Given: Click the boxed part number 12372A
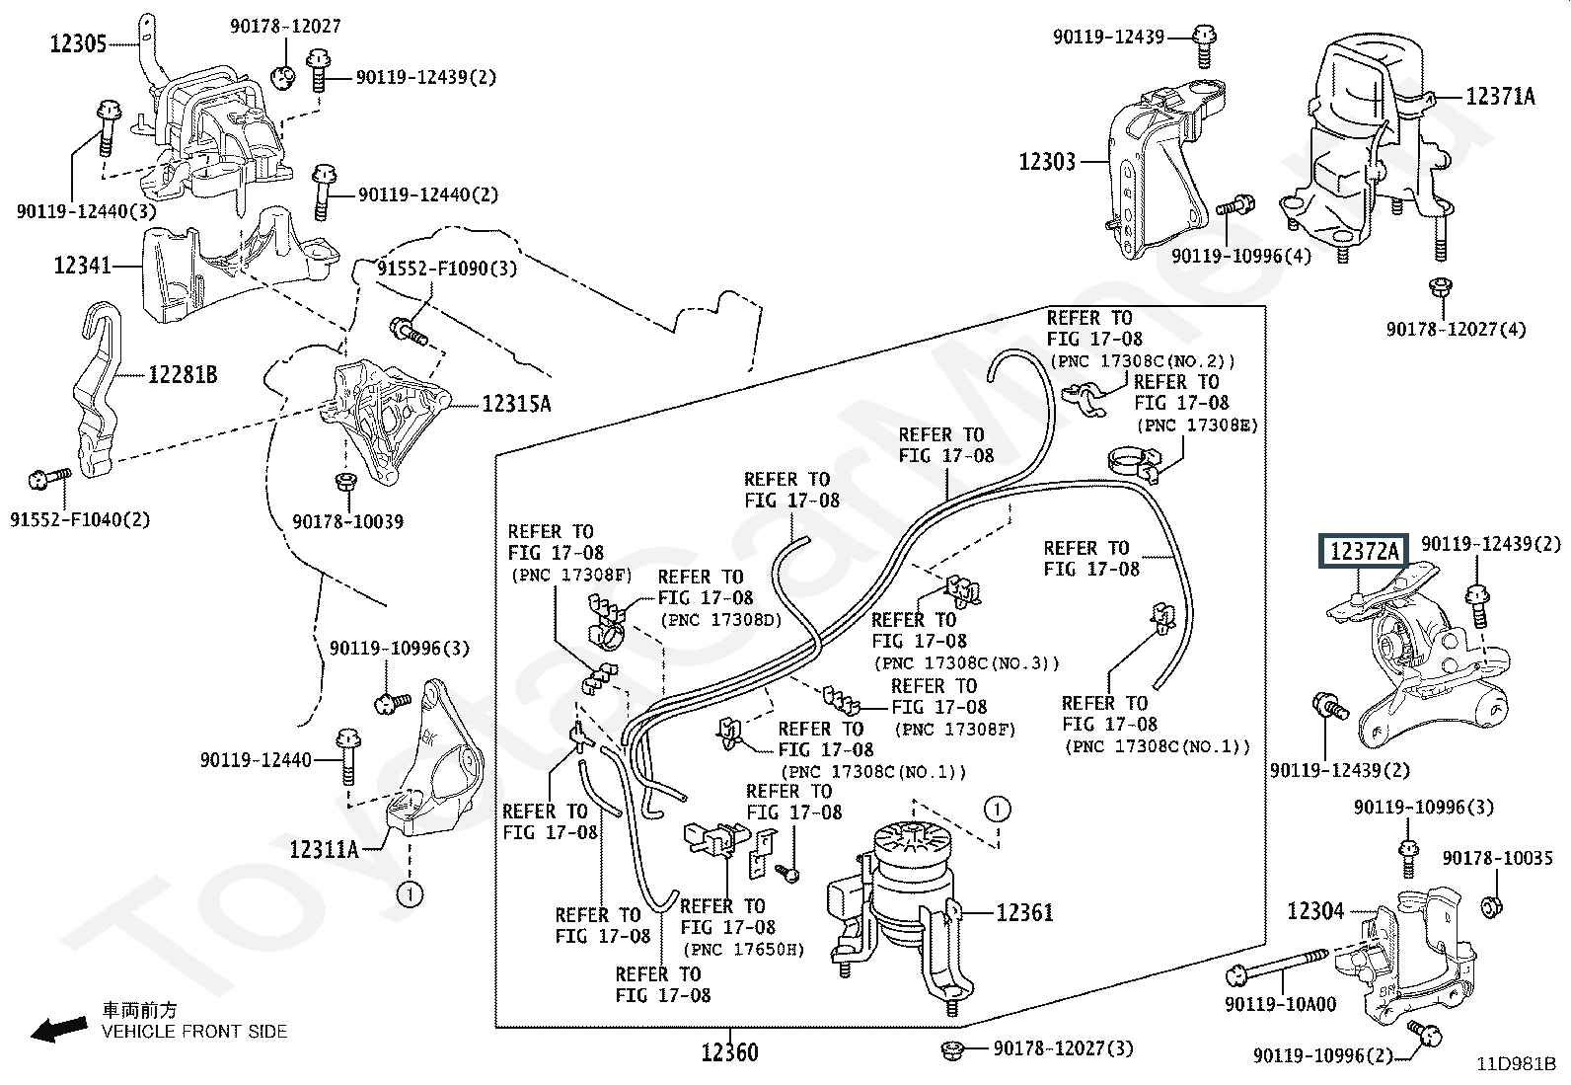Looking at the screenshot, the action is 1364,551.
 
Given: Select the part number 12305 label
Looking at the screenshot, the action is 78,44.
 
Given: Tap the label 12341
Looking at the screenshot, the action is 82,266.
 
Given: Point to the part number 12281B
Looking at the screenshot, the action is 183,375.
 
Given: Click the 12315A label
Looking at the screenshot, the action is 516,404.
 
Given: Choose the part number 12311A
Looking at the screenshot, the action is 324,850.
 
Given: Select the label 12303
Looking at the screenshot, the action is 1047,162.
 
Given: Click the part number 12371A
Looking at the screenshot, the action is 1500,96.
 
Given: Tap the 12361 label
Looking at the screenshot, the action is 1024,912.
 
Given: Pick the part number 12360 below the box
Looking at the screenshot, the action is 729,1052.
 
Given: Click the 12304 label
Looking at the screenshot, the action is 1315,911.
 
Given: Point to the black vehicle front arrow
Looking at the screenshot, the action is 59,1029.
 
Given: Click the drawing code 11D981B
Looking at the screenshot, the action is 1516,1064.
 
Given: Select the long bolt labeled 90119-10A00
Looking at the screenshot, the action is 1277,965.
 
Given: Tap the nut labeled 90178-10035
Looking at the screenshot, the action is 1491,906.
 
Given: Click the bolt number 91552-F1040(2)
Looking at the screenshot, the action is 80,520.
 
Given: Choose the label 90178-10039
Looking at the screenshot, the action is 348,521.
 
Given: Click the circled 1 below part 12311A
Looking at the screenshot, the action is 410,894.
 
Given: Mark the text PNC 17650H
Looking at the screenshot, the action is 744,950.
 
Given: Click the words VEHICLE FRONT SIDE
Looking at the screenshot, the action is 194,1032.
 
